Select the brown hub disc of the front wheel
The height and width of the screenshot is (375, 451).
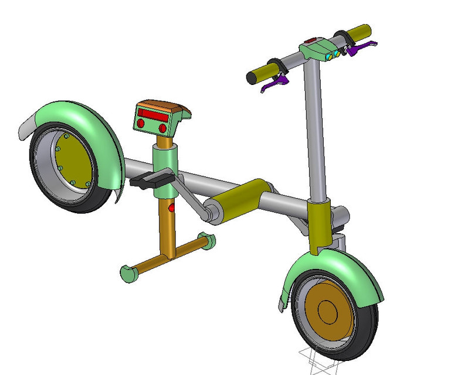[325, 311]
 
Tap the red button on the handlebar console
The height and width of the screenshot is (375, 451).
[311, 40]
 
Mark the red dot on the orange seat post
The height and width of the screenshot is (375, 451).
[171, 208]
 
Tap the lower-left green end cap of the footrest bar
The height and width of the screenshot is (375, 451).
[128, 274]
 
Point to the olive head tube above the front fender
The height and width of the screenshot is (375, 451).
[320, 226]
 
